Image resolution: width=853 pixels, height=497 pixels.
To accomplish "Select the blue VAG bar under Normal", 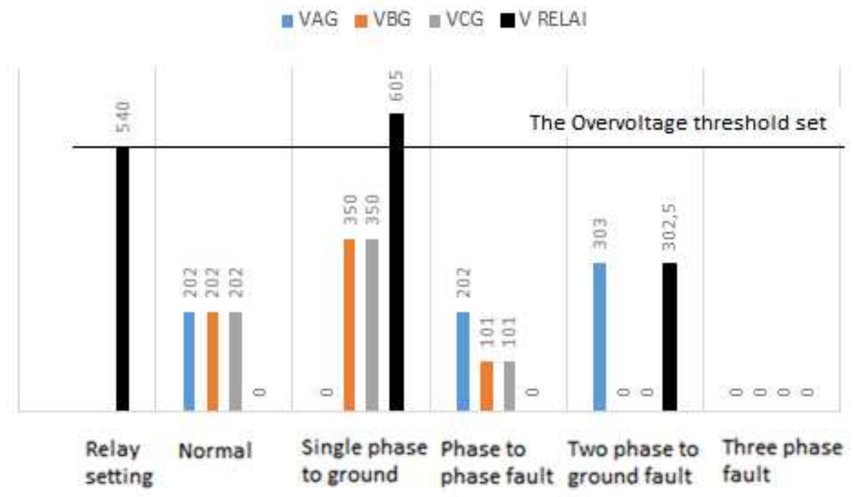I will (x=189, y=361).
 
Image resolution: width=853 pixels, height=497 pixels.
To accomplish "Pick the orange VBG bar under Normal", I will (x=213, y=361).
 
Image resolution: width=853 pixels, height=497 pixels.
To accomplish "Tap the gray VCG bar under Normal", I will (x=235, y=361).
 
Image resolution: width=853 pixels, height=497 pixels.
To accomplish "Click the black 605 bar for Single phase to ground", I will (x=397, y=262).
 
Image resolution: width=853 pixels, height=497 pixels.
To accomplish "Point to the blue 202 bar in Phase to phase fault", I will (x=463, y=361).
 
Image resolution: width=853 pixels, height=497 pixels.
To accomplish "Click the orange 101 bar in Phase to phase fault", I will (x=486, y=386).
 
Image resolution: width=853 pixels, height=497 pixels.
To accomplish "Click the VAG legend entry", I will (x=310, y=20).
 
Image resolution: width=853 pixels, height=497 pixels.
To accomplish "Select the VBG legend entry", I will (x=383, y=20).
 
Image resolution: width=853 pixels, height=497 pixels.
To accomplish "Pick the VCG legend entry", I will (x=456, y=20).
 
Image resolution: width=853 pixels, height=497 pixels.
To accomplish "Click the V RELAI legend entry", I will (x=544, y=20).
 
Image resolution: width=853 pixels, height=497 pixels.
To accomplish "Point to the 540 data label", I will (x=123, y=117).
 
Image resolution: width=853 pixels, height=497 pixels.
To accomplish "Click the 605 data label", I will (x=397, y=86).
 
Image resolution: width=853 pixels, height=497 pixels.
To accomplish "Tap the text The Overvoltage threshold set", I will (x=677, y=123).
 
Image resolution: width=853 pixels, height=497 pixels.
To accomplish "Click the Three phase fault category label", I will (x=781, y=460).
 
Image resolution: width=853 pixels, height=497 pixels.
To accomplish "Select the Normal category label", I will (x=215, y=450).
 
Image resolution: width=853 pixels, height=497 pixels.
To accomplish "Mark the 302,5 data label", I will (x=670, y=227).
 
